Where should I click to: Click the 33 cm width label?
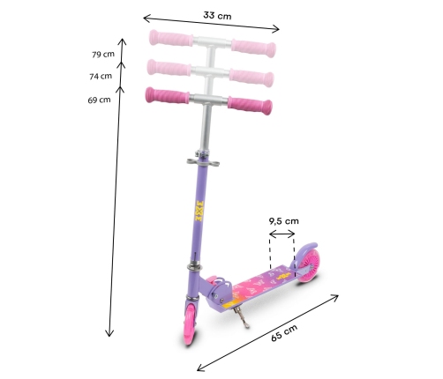coord(217,15)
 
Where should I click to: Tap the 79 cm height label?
coord(103,55)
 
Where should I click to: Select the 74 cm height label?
coord(101,77)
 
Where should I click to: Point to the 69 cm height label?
coord(99,100)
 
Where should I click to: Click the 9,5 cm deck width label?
coord(283,221)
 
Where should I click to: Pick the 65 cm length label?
coord(284,332)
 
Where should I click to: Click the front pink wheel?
coord(191,324)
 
